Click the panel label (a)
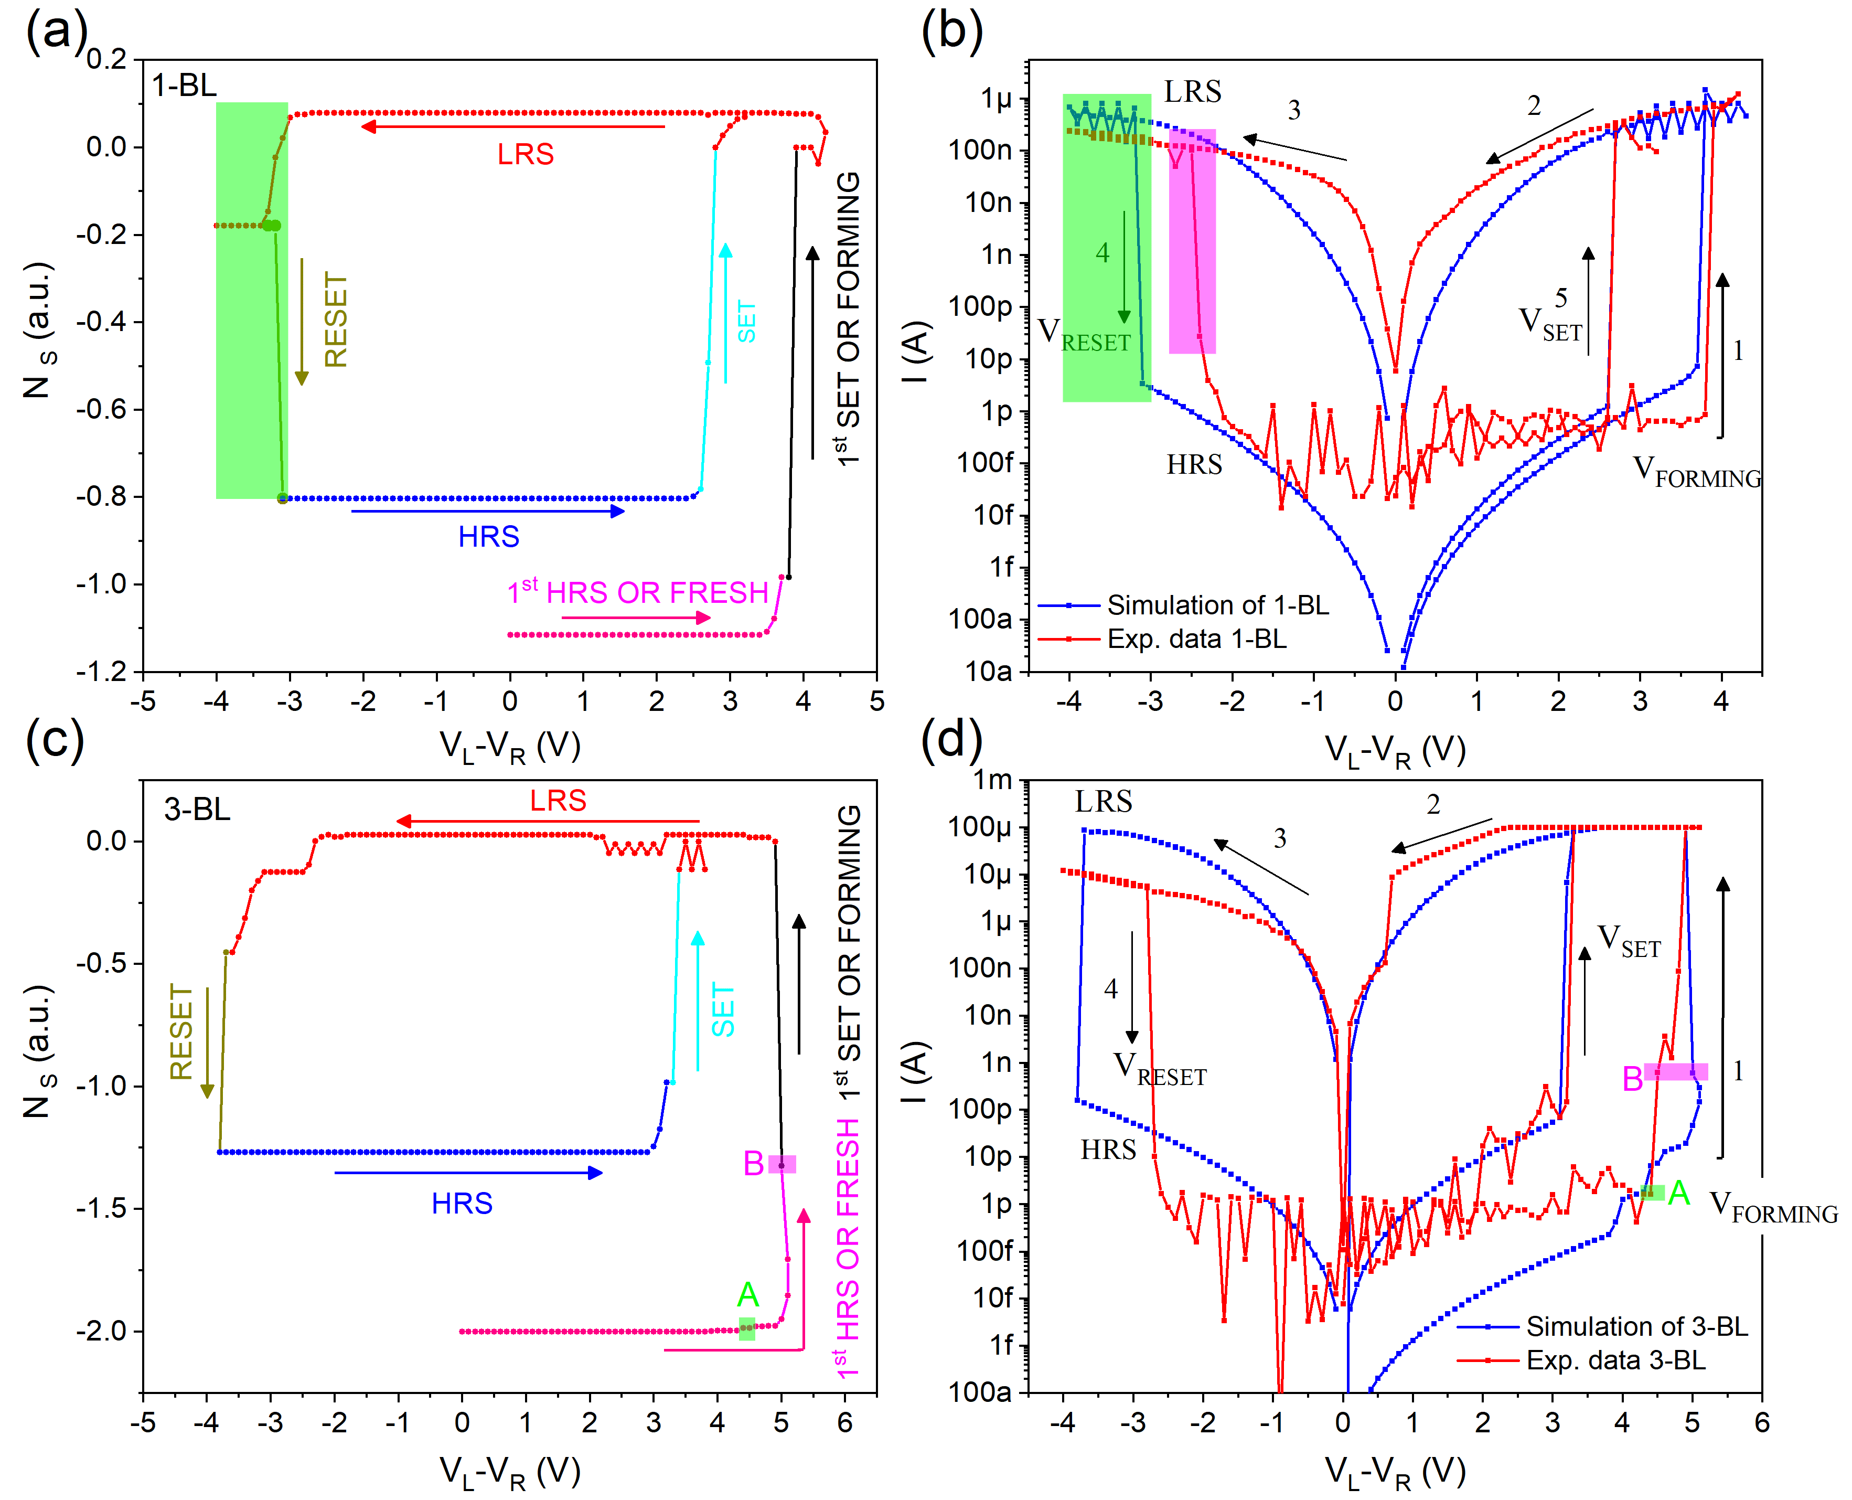[56, 33]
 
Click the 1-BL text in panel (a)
[184, 86]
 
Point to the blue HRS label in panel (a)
[488, 537]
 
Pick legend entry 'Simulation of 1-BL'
[1217, 605]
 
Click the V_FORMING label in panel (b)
[1695, 472]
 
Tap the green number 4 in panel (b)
[1102, 253]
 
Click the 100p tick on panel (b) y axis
[980, 307]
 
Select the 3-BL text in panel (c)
[197, 810]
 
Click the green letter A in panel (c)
[747, 1294]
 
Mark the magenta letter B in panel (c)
[753, 1164]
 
